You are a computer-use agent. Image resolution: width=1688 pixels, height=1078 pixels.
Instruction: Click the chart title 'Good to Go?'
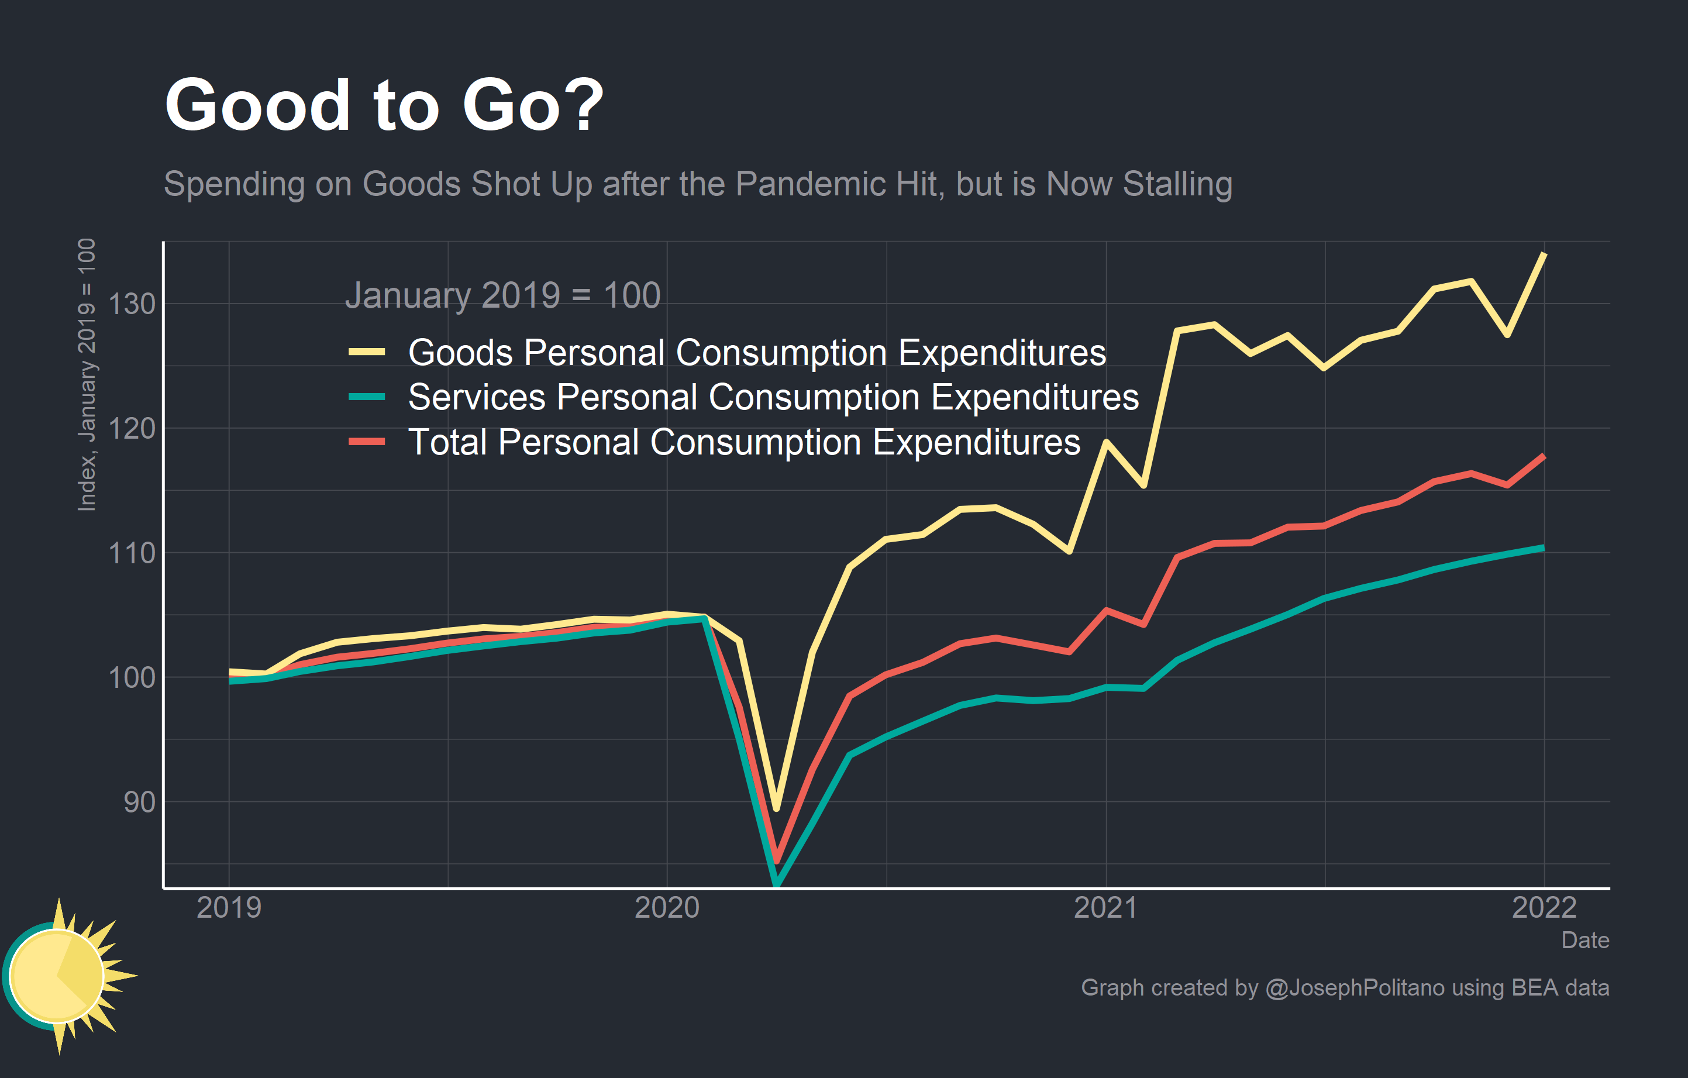(384, 105)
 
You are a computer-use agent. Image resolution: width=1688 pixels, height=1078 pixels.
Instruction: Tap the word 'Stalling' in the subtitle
(1177, 184)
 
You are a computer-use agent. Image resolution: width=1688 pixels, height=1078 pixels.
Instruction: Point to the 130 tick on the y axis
(132, 304)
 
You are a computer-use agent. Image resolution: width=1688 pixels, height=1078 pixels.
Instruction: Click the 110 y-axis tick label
(132, 553)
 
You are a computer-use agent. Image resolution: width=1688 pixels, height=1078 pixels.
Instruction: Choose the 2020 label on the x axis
(667, 908)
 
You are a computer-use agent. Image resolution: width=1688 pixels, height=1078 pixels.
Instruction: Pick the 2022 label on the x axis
(1544, 908)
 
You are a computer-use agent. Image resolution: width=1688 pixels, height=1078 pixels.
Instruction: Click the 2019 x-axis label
(229, 908)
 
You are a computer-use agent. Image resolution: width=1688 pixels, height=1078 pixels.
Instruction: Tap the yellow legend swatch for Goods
(367, 352)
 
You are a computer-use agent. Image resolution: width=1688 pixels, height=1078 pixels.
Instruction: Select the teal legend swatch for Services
(367, 397)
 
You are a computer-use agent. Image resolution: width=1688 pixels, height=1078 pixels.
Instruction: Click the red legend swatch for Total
(367, 442)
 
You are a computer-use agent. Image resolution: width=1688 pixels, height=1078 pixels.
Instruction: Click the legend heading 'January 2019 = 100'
(502, 295)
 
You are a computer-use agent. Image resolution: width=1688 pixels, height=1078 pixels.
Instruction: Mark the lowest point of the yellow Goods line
(776, 809)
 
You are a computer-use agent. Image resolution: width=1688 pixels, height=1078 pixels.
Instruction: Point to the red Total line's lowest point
(776, 860)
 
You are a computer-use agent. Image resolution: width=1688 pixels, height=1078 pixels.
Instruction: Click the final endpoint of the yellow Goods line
(1544, 254)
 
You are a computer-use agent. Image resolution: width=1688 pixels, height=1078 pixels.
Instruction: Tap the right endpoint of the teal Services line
(1544, 547)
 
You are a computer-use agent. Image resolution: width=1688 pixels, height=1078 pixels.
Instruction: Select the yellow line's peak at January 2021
(1106, 442)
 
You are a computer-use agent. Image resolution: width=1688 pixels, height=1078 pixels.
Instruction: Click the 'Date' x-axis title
(1584, 940)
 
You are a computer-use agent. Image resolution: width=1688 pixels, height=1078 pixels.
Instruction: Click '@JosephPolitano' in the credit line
(1355, 987)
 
